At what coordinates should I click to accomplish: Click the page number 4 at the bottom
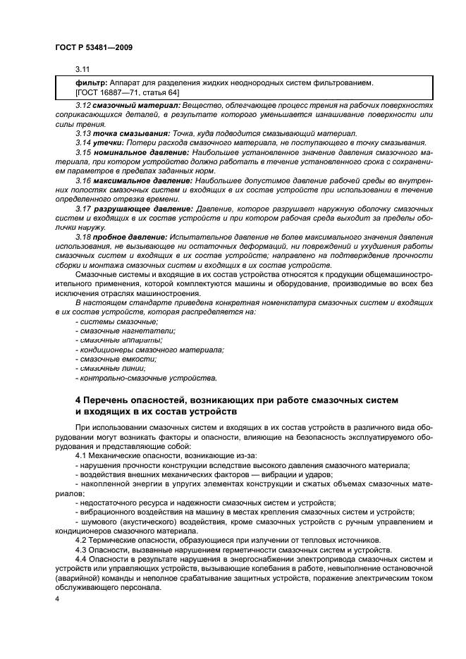(58, 598)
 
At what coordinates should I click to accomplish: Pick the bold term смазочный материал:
(128, 105)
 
